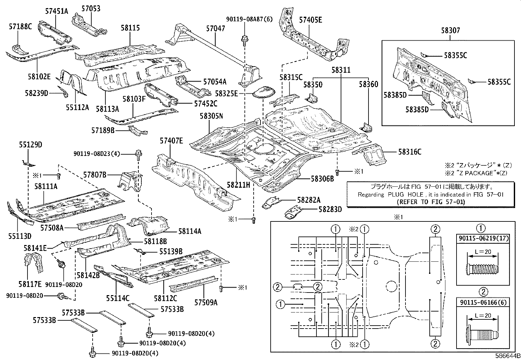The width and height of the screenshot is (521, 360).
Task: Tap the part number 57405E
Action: (310, 20)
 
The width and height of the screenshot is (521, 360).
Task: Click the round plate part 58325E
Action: (263, 91)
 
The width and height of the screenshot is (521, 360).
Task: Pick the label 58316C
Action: (409, 152)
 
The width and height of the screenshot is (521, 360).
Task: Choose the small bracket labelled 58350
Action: (312, 98)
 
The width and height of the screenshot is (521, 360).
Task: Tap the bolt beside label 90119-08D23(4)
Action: (138, 154)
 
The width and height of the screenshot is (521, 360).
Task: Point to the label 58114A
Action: (189, 231)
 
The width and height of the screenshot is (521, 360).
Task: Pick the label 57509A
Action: (206, 302)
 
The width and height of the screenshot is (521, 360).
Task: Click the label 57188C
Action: (20, 27)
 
